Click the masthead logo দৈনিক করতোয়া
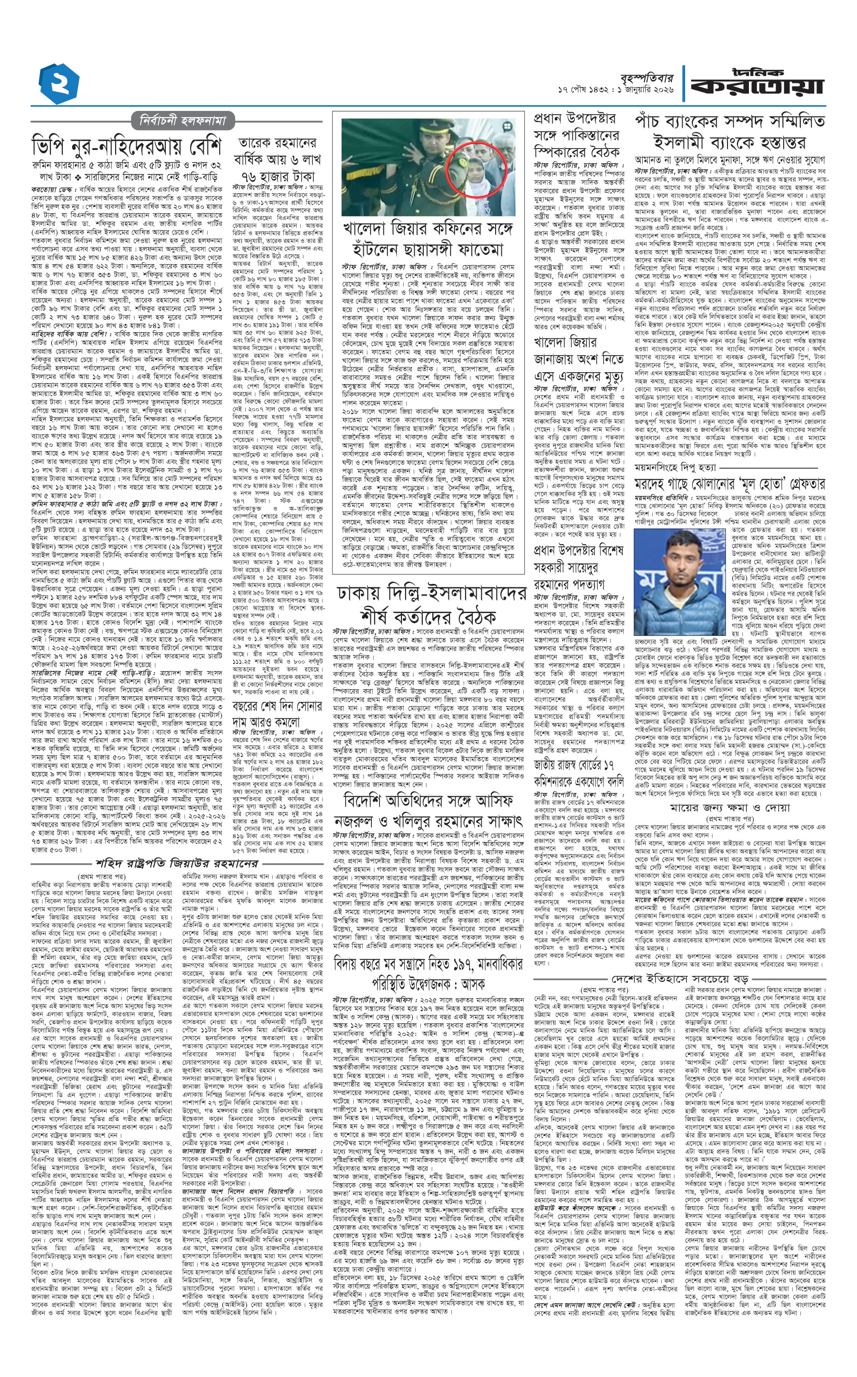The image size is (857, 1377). pyautogui.click(x=756, y=83)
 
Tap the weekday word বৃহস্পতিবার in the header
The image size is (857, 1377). pyautogui.click(x=645, y=78)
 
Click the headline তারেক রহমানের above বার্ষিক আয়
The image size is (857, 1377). pyautogui.click(x=277, y=143)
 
